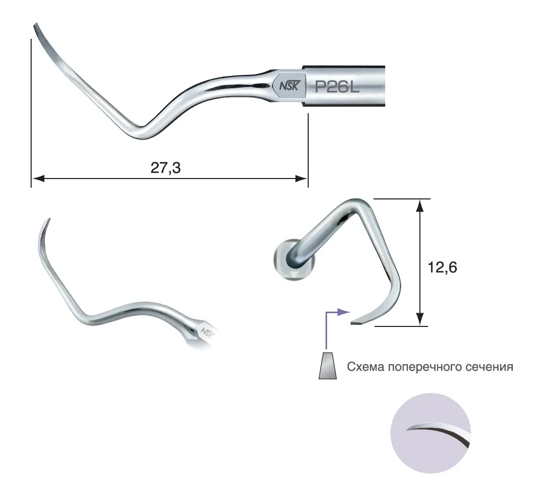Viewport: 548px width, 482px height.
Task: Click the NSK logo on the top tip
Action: pos(289,86)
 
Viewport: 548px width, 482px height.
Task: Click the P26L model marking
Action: pos(337,87)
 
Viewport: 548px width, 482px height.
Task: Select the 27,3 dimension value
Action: pos(165,168)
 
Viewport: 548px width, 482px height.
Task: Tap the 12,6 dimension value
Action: pos(442,267)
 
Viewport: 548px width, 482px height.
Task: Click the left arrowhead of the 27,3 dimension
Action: pos(38,179)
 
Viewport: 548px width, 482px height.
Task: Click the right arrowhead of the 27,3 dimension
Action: pos(301,179)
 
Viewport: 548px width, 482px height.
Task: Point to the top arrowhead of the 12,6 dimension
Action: pos(420,206)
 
